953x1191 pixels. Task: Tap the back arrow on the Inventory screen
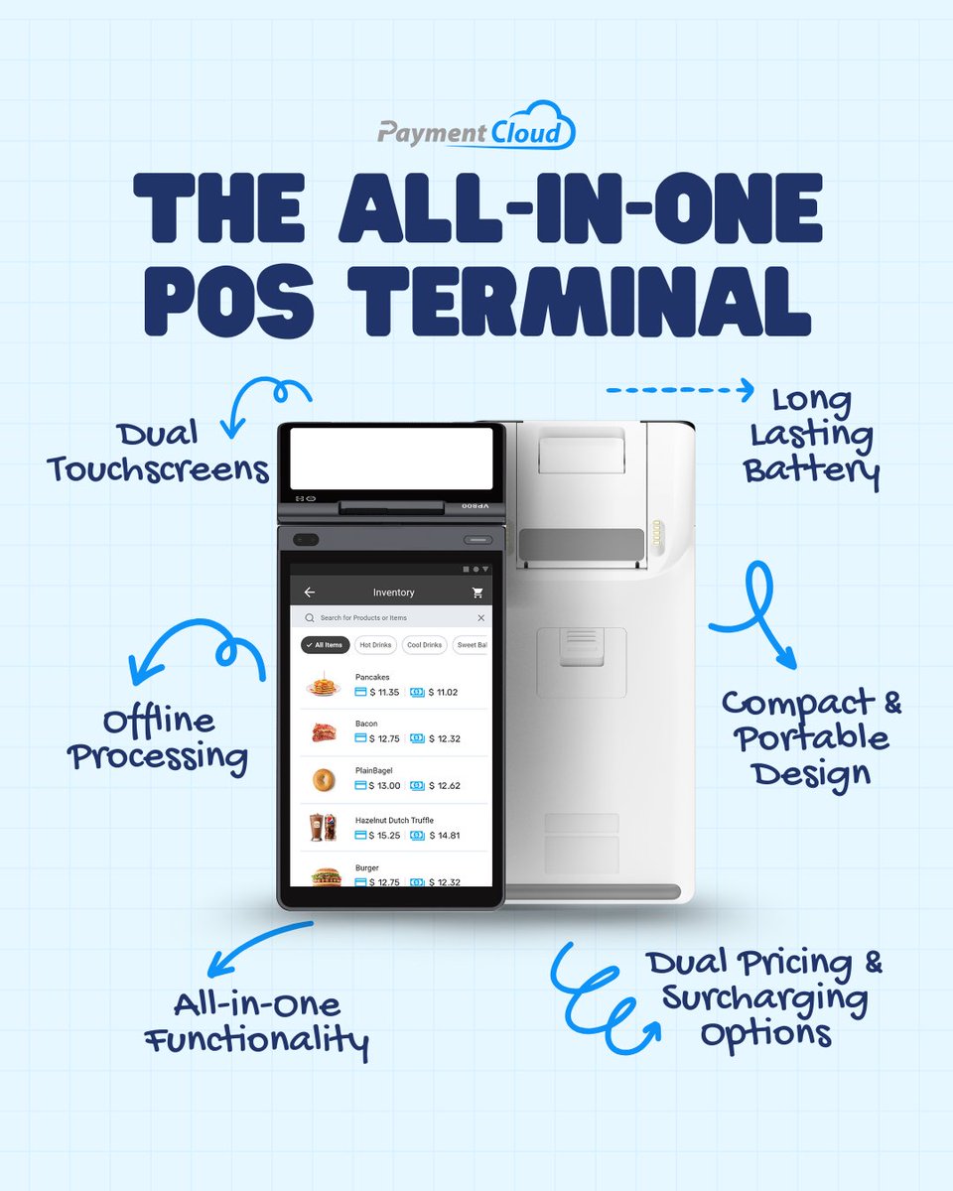pos(310,593)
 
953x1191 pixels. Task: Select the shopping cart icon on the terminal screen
pos(477,593)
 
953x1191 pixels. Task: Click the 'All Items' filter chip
pos(324,645)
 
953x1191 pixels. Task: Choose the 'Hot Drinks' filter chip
pos(376,645)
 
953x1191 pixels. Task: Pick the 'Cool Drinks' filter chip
pos(425,645)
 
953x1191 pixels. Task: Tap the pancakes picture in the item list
pos(323,686)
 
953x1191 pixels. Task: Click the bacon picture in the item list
pos(323,732)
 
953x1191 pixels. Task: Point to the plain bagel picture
pos(323,779)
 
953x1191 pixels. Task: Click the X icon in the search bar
pos(480,618)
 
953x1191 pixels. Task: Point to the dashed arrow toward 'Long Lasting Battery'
pos(680,391)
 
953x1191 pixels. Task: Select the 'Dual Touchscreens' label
pos(158,452)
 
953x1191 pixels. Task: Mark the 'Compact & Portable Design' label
pos(811,736)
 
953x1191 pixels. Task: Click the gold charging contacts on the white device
pos(654,540)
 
